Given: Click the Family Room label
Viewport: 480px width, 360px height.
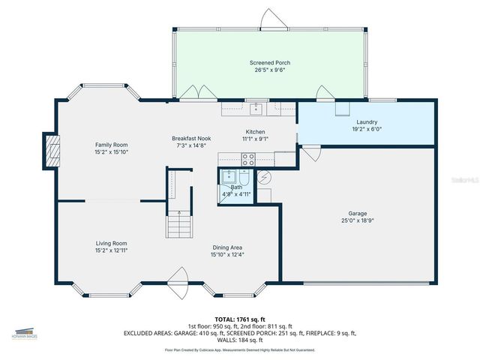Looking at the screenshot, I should (111, 144).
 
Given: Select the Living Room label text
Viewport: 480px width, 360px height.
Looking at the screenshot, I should (111, 243).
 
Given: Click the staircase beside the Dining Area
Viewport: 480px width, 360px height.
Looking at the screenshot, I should (178, 223).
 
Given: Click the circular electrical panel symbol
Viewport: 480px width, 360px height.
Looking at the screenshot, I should (264, 178).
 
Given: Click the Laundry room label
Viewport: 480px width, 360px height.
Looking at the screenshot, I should (367, 121).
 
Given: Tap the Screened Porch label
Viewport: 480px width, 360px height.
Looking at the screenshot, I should (269, 63).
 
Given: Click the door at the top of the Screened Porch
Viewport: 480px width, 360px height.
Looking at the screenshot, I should (270, 19).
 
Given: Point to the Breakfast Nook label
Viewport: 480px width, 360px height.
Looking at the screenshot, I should (191, 138).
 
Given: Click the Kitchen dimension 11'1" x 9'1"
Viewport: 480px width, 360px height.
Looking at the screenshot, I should (255, 138).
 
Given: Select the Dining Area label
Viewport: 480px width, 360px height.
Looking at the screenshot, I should (226, 247).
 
